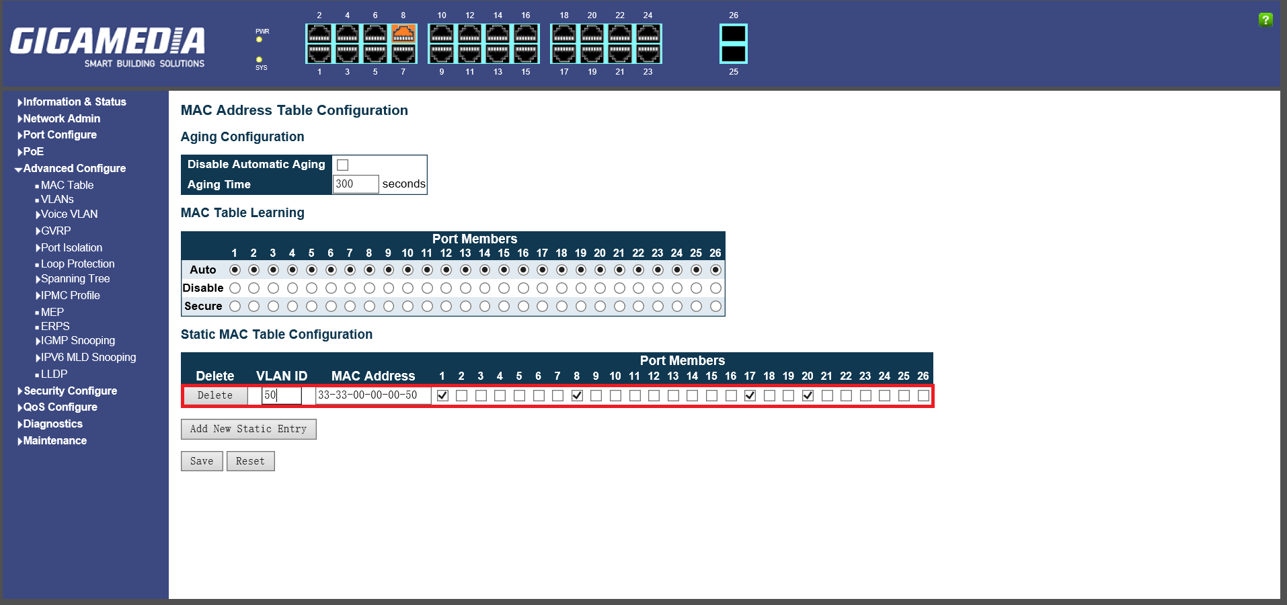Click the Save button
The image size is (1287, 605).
[202, 461]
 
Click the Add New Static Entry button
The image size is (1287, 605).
[248, 429]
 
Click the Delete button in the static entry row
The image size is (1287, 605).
[215, 395]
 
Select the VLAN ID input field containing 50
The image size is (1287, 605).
[281, 395]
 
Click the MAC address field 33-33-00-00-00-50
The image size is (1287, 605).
[372, 395]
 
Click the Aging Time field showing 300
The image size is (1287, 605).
[355, 184]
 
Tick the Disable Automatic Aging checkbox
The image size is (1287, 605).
[343, 165]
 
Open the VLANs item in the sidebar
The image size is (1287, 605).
[57, 200]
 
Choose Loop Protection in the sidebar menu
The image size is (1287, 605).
[77, 264]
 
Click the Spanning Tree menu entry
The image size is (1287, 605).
[75, 279]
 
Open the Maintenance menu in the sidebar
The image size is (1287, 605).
[54, 441]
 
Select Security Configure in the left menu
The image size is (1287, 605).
[70, 391]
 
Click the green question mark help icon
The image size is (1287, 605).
[1265, 19]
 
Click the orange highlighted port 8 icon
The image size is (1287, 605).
[403, 33]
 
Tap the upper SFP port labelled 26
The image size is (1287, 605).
[733, 33]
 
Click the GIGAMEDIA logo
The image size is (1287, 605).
[108, 46]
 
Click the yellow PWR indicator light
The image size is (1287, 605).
[259, 40]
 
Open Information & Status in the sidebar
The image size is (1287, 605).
[74, 102]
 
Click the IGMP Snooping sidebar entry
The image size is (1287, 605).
[77, 341]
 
